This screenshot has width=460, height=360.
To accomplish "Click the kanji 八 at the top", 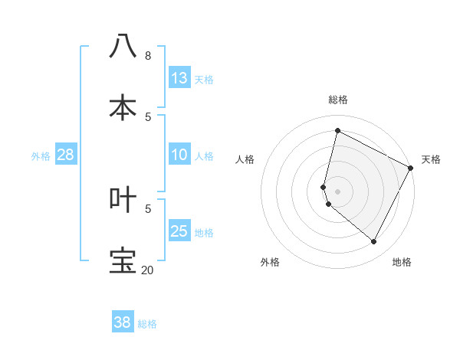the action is point(123,46).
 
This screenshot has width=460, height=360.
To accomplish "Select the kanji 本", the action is point(123,107).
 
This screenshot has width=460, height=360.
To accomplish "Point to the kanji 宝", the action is point(123,260).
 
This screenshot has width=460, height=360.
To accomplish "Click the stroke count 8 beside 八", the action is point(148,55).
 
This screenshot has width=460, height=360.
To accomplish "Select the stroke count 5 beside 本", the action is point(148,116).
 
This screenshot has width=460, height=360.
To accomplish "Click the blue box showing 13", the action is point(179,78).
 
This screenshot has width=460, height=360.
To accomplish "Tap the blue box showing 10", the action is point(179,155).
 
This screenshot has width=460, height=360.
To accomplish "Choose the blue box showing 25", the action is point(179,231).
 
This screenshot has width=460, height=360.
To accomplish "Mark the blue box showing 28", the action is point(65,155).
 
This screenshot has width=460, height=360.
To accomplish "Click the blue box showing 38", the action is point(122,322).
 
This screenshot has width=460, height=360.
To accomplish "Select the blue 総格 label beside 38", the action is point(147,324).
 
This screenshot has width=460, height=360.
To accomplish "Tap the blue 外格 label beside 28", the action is point(41,156).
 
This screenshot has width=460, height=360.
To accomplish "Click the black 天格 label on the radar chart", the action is point(431,159).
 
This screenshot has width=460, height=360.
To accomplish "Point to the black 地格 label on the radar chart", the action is point(402,262).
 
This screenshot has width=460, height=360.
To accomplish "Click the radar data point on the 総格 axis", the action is point(337,130).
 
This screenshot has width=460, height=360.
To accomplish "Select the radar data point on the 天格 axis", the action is point(411,168).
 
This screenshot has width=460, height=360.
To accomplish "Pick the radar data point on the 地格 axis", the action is point(374,241).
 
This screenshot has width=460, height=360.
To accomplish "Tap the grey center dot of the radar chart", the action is point(337,191).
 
